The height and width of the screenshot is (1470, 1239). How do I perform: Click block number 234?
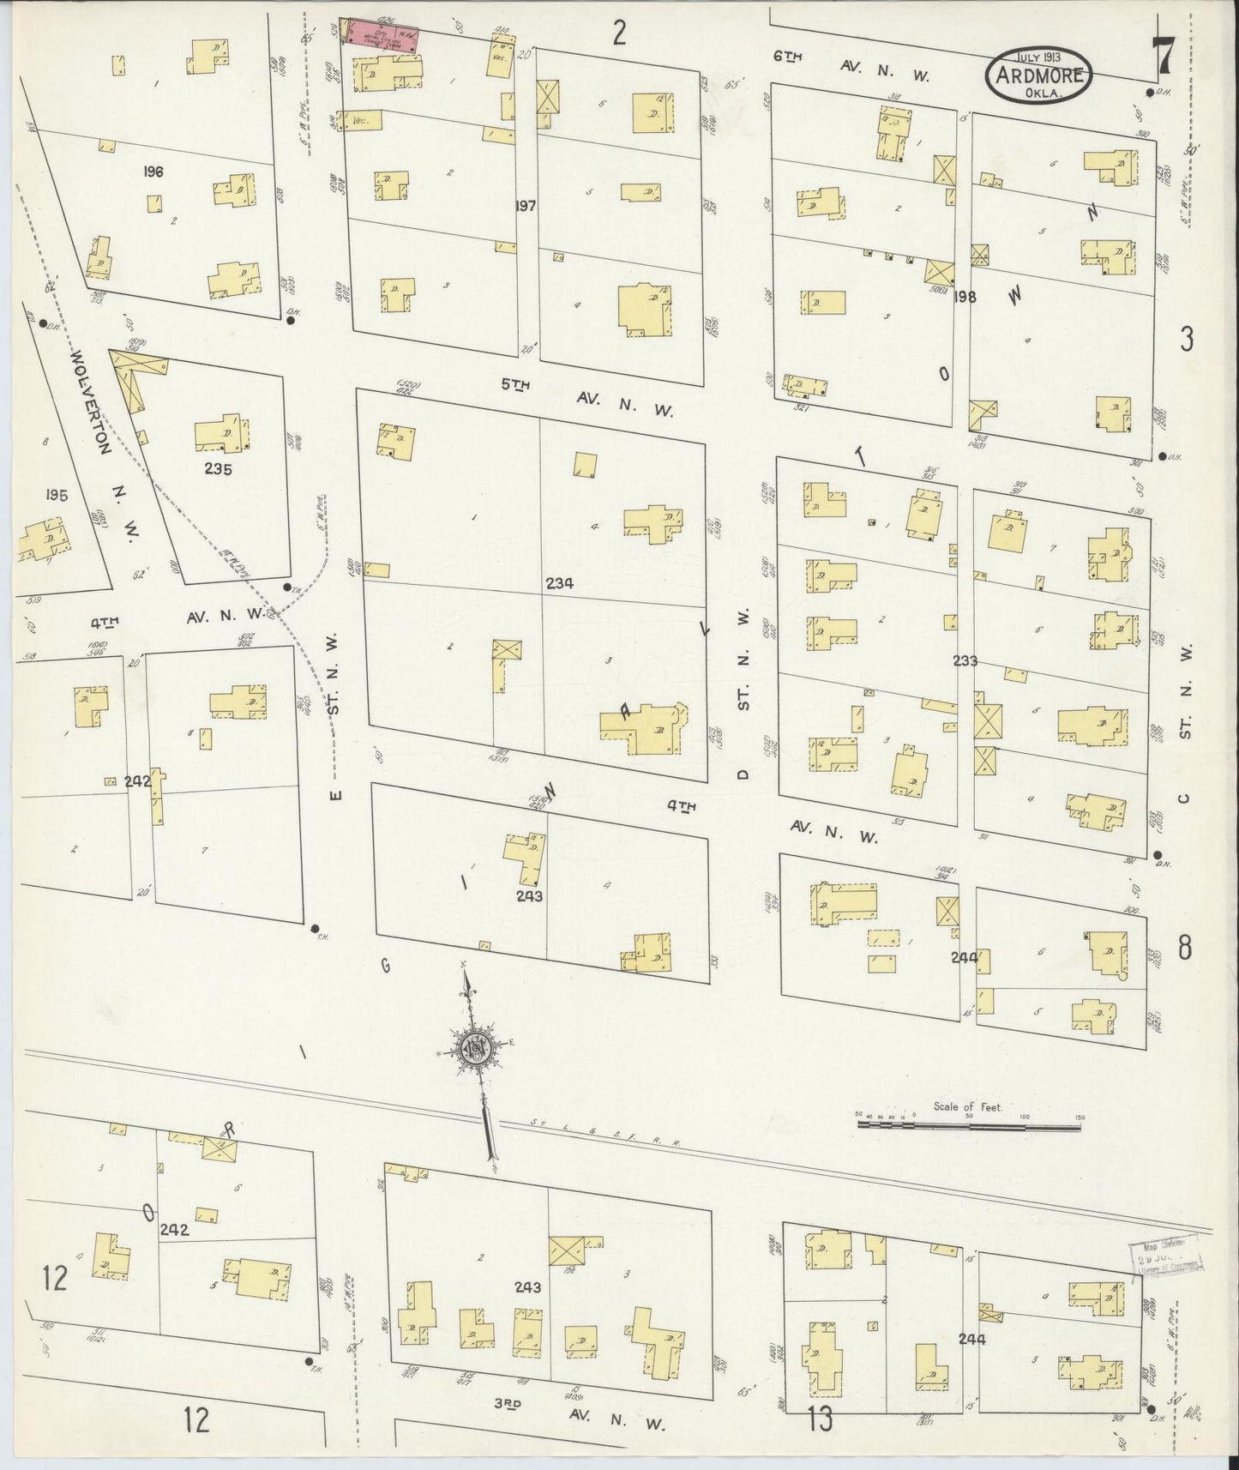(x=559, y=583)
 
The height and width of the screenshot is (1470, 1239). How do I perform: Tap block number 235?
(x=218, y=469)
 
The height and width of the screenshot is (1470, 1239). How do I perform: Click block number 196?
(x=154, y=172)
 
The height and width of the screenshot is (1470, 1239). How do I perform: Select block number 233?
(x=965, y=661)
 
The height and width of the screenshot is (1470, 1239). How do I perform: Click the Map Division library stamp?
(x=1164, y=1261)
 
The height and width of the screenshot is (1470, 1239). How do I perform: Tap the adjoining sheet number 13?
(x=819, y=1420)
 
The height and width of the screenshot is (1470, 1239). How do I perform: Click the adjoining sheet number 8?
(x=1184, y=949)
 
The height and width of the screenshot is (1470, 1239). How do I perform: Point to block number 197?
(x=526, y=207)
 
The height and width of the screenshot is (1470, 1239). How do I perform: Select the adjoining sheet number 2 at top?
(x=619, y=33)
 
